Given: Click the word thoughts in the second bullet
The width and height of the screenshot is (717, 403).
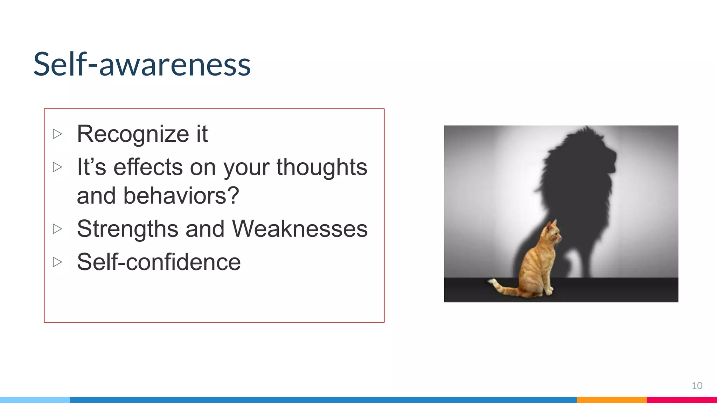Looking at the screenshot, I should [322, 167].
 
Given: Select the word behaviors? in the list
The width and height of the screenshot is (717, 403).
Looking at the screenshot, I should [181, 196].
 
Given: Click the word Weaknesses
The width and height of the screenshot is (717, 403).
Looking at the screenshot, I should [300, 229].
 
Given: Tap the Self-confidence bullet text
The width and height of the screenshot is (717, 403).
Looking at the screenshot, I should [159, 262].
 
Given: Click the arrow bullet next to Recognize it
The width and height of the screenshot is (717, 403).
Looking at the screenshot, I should [57, 134].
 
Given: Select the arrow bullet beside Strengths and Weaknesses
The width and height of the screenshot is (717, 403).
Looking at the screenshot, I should [57, 229].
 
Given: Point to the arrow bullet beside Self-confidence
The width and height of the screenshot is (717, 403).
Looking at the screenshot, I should [57, 262].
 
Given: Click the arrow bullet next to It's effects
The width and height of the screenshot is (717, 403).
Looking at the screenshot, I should [57, 167].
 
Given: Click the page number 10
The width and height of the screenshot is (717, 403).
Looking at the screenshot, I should [697, 386].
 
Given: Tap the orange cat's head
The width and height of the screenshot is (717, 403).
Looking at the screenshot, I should [554, 233].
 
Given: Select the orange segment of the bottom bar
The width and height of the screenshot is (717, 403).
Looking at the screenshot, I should [611, 400].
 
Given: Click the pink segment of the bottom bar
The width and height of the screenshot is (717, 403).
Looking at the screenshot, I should [681, 400].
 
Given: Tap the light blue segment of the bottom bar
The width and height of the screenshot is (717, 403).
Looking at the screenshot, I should [35, 400].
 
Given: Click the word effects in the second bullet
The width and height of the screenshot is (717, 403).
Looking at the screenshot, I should [148, 167].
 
